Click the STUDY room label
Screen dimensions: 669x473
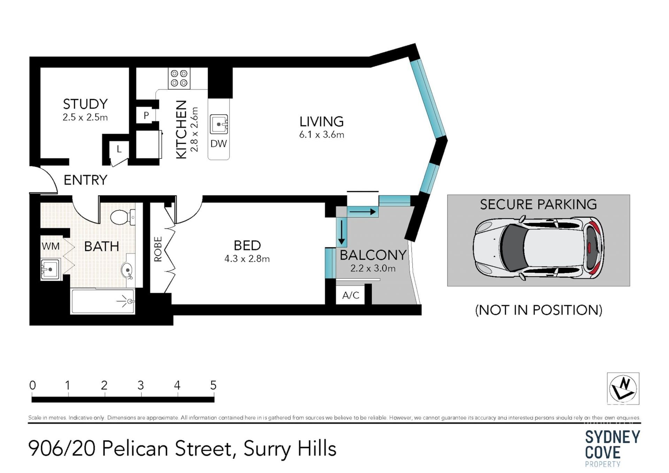pos(85,104)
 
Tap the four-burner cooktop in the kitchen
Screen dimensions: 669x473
pos(179,78)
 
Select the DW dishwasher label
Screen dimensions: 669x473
pos(218,144)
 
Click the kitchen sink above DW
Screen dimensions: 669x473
pos(219,124)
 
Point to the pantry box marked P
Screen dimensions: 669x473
pos(146,115)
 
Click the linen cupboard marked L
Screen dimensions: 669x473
pos(119,149)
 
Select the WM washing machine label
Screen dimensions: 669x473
pos(51,246)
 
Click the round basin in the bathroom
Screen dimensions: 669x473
pos(127,270)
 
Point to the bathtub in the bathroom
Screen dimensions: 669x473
pos(103,302)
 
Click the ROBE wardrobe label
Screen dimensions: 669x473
pos(158,249)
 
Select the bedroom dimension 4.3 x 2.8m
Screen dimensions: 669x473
pos(247,259)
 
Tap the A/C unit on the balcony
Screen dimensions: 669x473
pos(351,295)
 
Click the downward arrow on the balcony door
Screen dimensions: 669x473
pos(342,232)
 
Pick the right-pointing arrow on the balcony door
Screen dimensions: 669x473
pos(363,211)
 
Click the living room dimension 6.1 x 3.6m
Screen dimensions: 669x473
pos(322,134)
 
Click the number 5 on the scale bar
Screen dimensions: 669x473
pos(213,385)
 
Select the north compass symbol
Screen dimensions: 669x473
pos(623,389)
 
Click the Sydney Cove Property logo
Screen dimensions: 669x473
pos(613,449)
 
